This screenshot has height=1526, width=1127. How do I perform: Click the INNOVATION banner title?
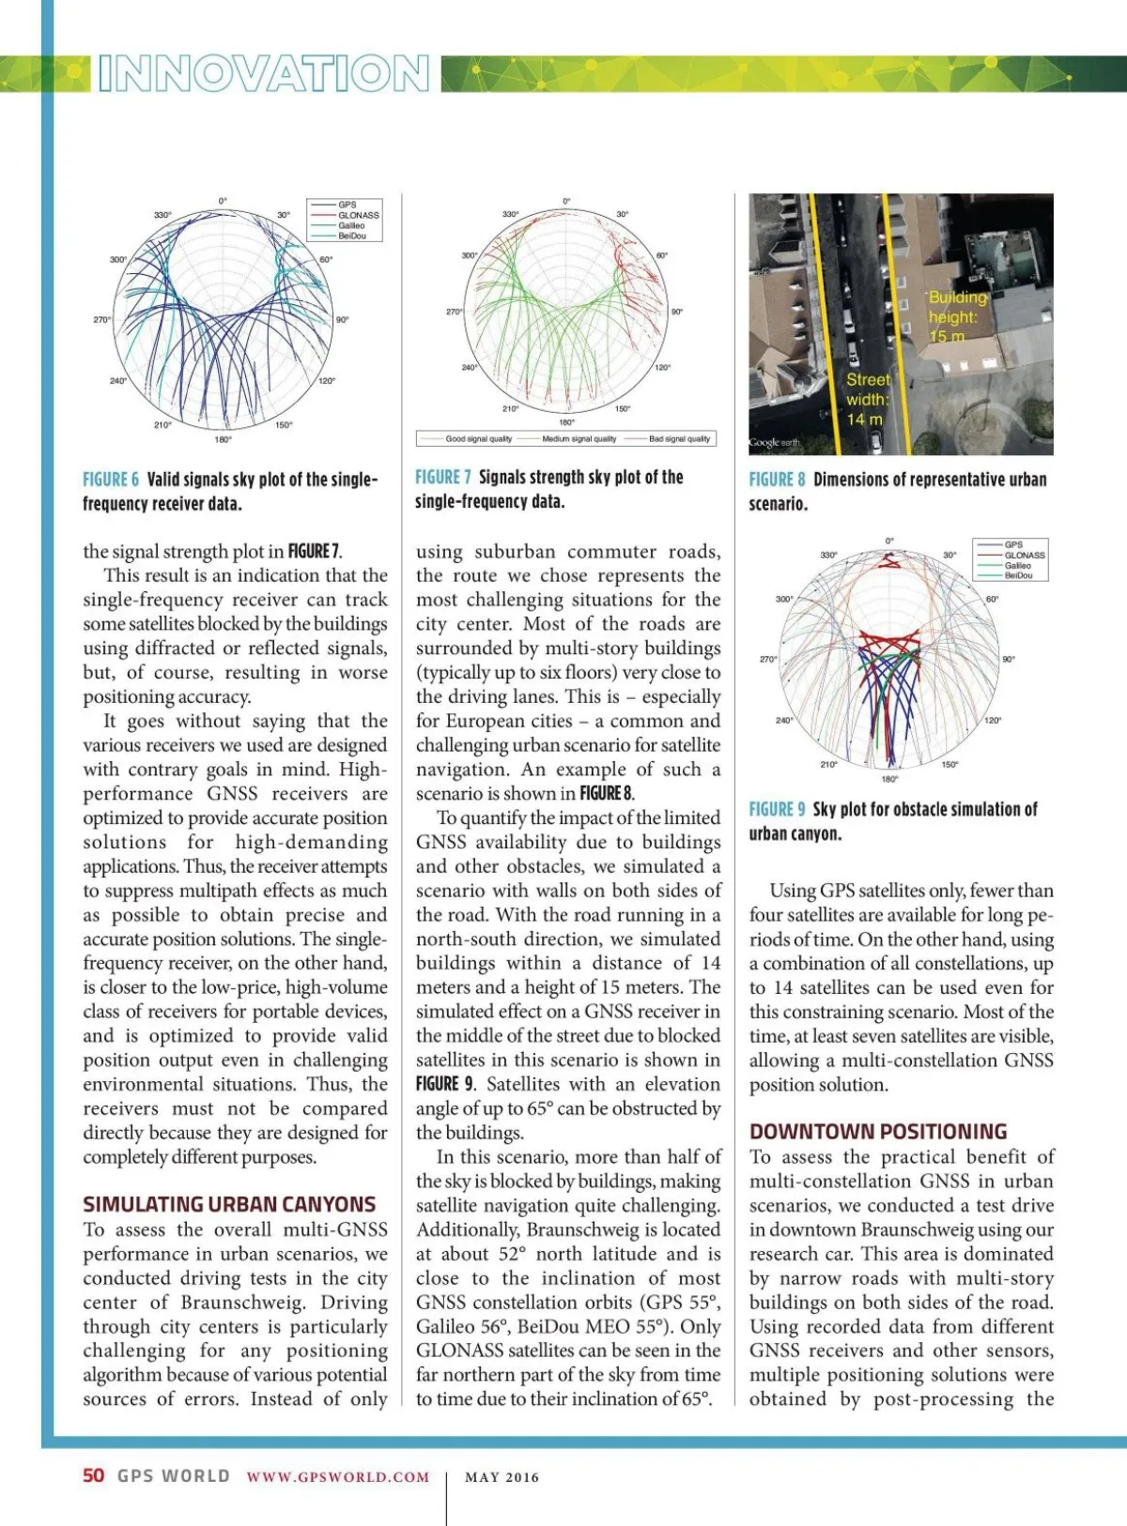click(x=264, y=74)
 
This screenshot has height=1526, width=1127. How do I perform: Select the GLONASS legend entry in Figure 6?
click(x=358, y=215)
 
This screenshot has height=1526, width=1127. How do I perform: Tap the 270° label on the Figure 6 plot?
click(x=101, y=320)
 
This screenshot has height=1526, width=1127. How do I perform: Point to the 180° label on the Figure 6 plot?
click(x=223, y=438)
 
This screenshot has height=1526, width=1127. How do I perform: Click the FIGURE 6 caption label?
click(x=110, y=480)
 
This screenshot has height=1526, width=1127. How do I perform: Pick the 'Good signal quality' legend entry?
click(x=478, y=438)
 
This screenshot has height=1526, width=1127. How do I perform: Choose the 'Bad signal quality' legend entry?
click(x=679, y=438)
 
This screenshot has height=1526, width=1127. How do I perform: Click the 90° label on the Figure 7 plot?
click(x=676, y=312)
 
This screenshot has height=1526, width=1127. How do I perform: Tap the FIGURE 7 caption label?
click(x=442, y=478)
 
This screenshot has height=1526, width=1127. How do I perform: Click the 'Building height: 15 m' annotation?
click(x=958, y=317)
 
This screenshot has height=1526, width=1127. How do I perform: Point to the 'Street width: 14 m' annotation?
click(x=867, y=400)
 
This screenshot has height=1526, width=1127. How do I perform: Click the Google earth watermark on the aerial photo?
click(x=775, y=442)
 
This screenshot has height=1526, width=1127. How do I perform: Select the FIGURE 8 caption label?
click(x=777, y=480)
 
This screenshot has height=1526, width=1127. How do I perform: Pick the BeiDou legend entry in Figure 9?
click(x=1018, y=575)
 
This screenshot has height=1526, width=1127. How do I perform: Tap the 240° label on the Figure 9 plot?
click(x=783, y=721)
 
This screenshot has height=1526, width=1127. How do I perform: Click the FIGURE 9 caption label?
click(x=777, y=809)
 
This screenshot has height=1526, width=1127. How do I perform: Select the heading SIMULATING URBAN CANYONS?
click(x=229, y=1204)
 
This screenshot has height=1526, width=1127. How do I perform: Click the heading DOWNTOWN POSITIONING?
click(x=878, y=1131)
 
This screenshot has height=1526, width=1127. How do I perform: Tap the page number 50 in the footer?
click(x=94, y=1475)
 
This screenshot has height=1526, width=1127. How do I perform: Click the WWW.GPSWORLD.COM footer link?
click(x=338, y=1476)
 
